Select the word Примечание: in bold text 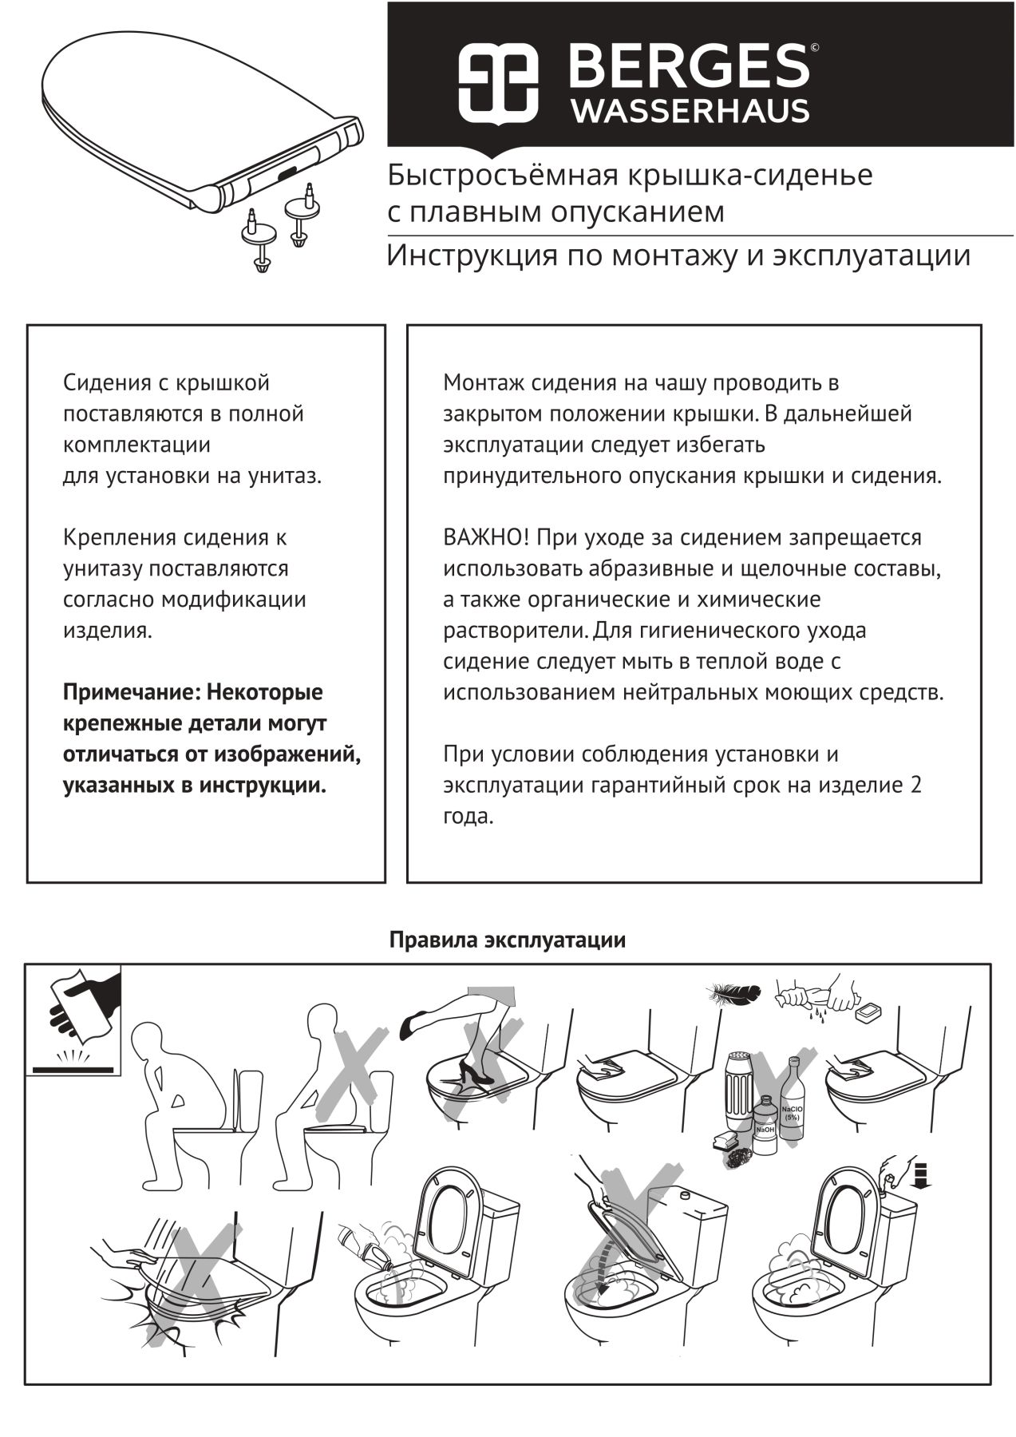(132, 692)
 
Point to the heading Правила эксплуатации (507, 940)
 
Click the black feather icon (731, 995)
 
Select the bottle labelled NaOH (764, 1125)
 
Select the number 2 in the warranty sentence (915, 785)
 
